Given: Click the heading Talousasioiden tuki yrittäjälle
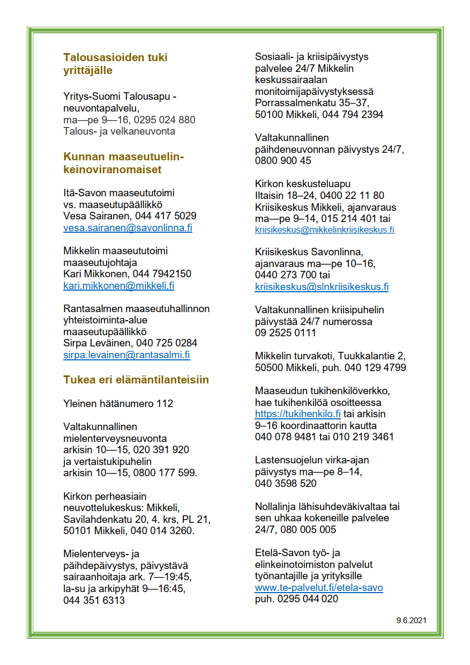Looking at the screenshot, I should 115,63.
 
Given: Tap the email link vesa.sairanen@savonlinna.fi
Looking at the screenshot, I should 128,227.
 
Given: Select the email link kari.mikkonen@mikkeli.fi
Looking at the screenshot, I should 118,286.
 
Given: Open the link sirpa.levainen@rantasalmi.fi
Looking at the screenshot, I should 126,355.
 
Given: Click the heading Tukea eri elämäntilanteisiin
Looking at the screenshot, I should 136,380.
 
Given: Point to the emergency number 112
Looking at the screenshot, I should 165,403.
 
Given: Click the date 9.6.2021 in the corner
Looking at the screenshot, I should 412,620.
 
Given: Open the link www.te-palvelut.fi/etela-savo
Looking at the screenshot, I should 319,588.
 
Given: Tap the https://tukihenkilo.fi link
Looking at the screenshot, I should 298,413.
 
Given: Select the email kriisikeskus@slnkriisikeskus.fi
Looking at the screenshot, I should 322,286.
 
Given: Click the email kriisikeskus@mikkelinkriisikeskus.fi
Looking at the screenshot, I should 325,230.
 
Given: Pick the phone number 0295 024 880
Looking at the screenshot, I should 165,120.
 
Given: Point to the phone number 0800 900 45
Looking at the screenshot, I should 283,161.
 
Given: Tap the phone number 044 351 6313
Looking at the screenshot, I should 94,600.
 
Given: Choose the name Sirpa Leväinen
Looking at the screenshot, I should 98,343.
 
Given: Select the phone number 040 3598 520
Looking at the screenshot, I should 286,483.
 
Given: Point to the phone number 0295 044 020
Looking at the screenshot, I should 308,599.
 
